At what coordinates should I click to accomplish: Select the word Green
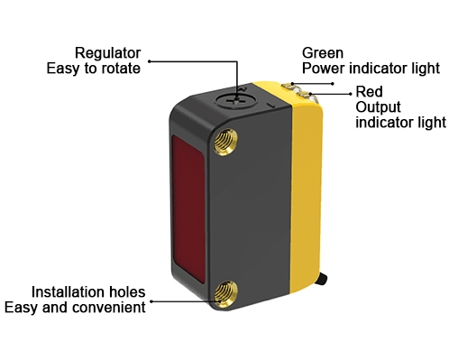321,52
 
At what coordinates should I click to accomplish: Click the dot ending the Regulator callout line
151,61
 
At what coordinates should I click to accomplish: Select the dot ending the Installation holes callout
153,300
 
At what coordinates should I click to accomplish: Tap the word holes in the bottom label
126,292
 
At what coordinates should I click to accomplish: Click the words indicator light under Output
401,122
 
